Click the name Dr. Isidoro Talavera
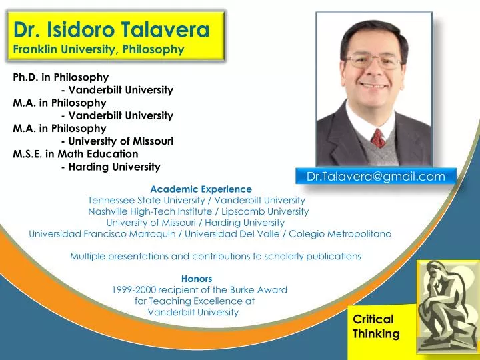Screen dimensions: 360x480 click(112, 29)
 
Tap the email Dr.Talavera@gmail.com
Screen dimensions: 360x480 click(375, 176)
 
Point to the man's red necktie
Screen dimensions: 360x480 click(378, 138)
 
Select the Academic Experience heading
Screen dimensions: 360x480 click(201, 189)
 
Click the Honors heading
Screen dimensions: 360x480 click(197, 279)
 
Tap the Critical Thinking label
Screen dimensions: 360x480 click(373, 327)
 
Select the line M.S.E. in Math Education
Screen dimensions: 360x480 click(75, 153)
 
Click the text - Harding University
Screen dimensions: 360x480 click(110, 166)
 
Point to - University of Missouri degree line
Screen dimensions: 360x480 click(117, 141)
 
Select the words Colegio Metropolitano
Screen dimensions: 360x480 click(349, 234)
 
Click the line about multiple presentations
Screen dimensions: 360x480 click(215, 256)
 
